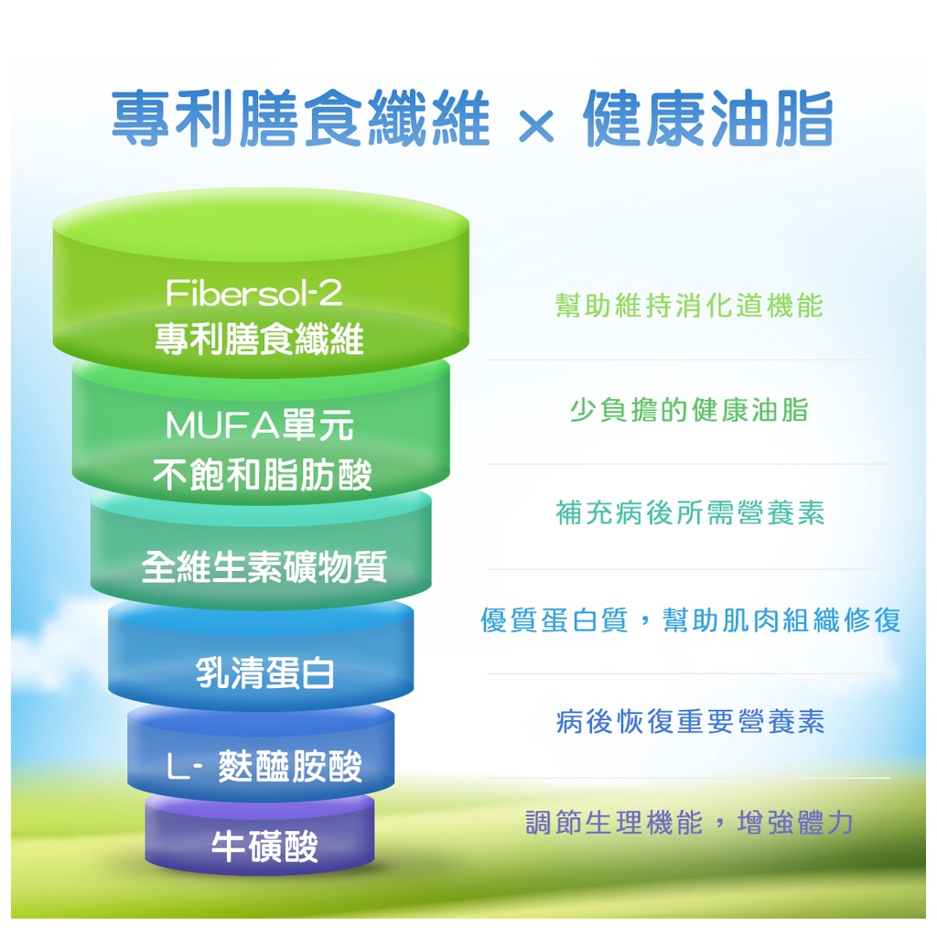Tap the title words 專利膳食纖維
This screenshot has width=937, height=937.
point(300,118)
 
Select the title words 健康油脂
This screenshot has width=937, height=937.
point(708,118)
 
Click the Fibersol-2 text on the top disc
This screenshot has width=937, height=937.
point(254,293)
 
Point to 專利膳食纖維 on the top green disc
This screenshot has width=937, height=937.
point(259,339)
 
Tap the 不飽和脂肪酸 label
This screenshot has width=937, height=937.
point(263,475)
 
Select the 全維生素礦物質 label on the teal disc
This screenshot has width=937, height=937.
point(264,566)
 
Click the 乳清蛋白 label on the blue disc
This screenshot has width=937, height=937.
point(264,673)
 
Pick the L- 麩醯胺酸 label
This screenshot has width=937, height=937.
point(264,766)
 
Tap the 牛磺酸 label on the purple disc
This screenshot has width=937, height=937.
point(264,846)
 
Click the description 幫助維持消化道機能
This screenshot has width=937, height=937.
point(689,306)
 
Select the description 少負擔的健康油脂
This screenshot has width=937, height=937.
point(689,410)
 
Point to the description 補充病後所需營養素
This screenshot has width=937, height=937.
point(690,512)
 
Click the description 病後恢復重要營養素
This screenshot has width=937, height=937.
point(690,721)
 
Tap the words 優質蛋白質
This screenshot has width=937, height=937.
point(555,619)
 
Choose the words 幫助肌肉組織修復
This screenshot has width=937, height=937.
point(781,619)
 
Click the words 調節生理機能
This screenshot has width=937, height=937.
point(614,823)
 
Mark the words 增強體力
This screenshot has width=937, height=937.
point(795,823)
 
